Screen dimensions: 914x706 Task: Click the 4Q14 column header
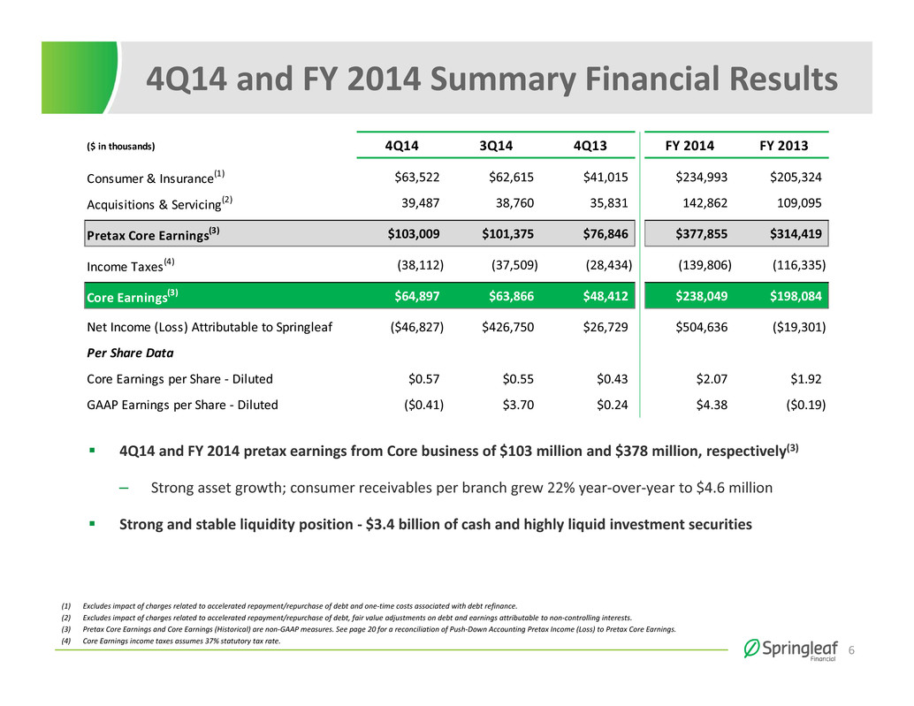[401, 146]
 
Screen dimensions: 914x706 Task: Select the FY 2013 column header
[783, 146]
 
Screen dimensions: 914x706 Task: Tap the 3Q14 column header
[496, 146]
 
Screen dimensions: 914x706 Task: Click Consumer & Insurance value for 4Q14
[416, 177]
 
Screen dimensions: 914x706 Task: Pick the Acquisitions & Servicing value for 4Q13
[610, 202]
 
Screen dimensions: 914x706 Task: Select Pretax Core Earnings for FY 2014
[701, 233]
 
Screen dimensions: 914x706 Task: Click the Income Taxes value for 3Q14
[514, 265]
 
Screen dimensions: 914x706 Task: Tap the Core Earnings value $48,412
[606, 296]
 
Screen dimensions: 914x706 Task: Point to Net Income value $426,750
[507, 327]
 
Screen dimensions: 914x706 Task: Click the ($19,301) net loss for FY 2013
[799, 327]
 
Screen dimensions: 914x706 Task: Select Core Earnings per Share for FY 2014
[712, 379]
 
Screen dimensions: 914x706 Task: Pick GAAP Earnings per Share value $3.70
[518, 405]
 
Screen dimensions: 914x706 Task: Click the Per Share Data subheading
[130, 353]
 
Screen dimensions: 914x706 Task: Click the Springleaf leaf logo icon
[751, 649]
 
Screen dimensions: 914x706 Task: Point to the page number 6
[851, 650]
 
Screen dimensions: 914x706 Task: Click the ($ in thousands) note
[121, 146]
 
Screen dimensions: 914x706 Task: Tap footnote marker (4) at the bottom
[66, 641]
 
